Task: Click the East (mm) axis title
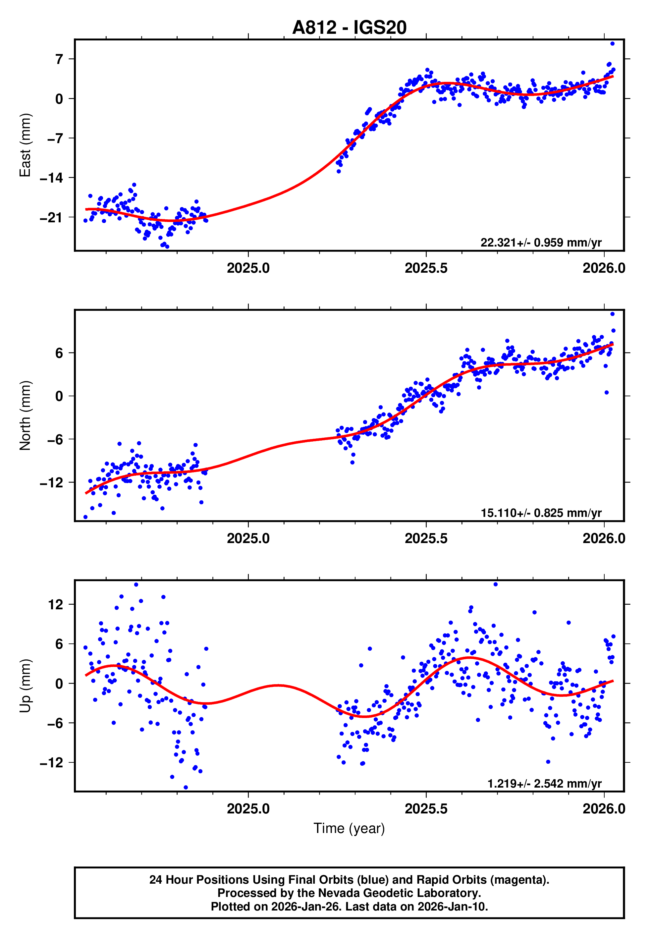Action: pyautogui.click(x=25, y=145)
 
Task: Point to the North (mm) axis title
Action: pyautogui.click(x=25, y=415)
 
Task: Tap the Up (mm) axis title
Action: pyautogui.click(x=25, y=685)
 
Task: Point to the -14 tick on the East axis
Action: pyautogui.click(x=52, y=178)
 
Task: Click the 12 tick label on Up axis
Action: pyautogui.click(x=56, y=605)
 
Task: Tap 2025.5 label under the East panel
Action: pyautogui.click(x=426, y=268)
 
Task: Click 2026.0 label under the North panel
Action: pyautogui.click(x=604, y=538)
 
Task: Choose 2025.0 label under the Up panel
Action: pyautogui.click(x=248, y=809)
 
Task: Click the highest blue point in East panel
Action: pyautogui.click(x=612, y=43)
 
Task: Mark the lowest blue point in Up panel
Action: pyautogui.click(x=186, y=787)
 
